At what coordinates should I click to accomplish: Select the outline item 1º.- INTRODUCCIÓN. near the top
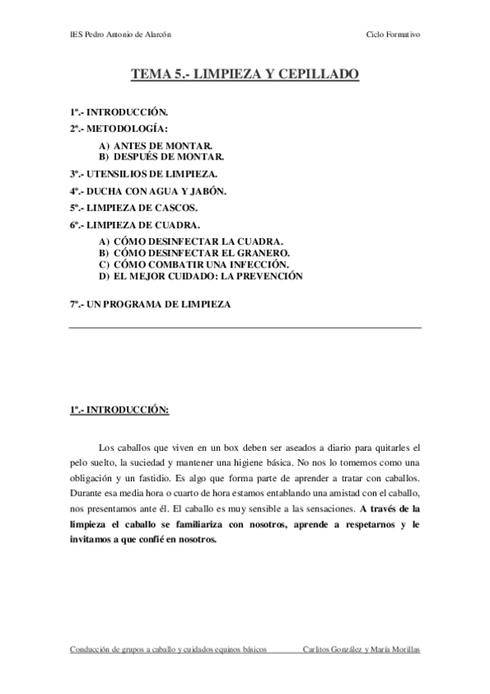coord(119,111)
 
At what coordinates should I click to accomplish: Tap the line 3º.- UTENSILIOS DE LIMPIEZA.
coord(143,173)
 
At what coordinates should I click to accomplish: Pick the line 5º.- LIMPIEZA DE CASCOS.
coord(134,207)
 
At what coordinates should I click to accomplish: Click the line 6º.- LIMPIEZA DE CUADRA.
coord(134,224)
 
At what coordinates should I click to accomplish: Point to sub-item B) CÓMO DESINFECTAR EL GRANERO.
coord(194,254)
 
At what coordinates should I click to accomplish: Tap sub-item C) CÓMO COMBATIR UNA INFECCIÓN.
coord(194,265)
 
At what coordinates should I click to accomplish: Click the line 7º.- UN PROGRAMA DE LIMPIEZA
coord(150,304)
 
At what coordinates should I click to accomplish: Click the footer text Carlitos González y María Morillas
coord(361,649)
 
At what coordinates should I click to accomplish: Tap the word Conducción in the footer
coord(91,649)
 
